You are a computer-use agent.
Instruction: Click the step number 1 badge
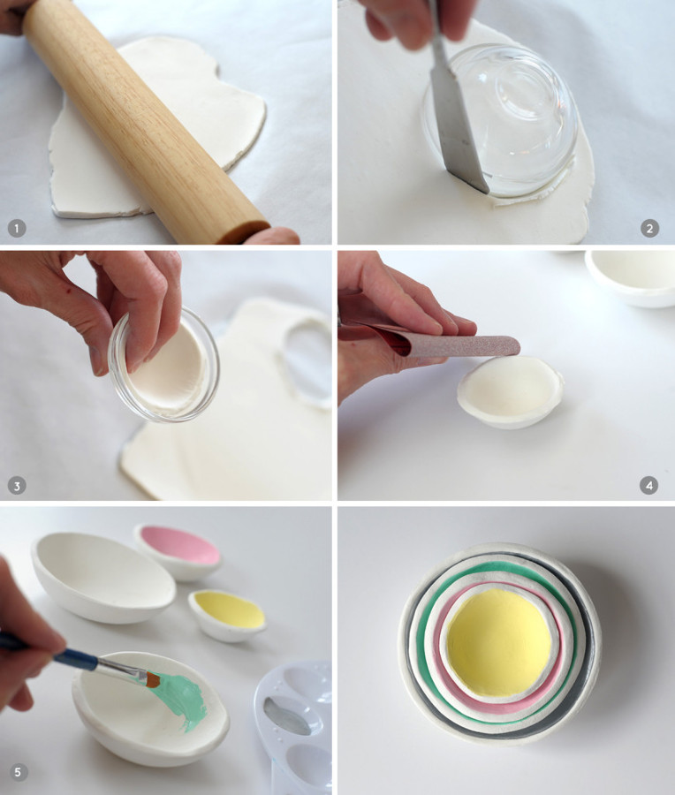(x=16, y=229)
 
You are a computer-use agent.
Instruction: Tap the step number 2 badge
(x=649, y=229)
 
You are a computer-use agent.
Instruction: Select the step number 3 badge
(x=16, y=485)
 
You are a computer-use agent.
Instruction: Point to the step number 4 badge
(x=649, y=485)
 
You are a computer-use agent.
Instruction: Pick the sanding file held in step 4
(x=477, y=345)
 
